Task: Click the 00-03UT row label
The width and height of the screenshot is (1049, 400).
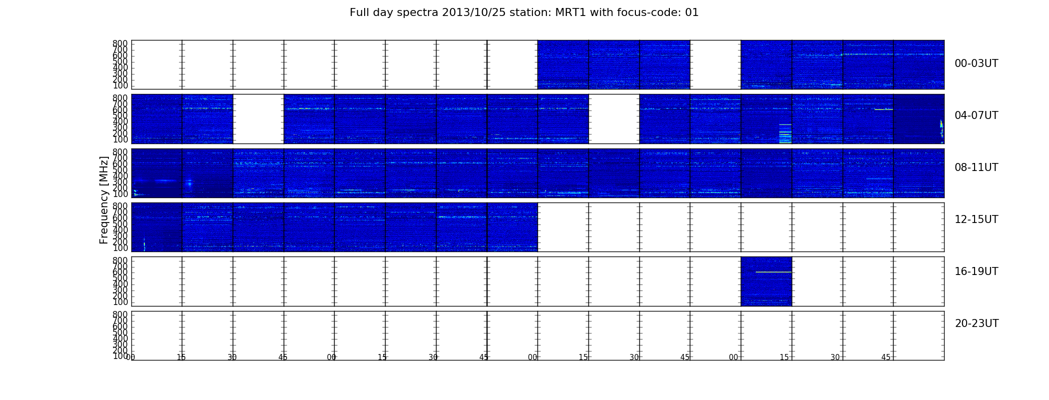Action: [976, 63]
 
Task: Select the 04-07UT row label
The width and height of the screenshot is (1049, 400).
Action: [976, 115]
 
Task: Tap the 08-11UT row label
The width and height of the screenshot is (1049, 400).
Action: [976, 167]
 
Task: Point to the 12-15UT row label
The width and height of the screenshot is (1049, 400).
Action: [976, 219]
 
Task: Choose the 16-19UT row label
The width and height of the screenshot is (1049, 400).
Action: [976, 271]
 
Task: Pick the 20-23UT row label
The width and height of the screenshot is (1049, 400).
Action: [977, 323]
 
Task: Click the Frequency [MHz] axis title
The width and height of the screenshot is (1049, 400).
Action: [104, 200]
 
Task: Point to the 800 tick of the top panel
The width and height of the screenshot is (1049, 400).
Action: [120, 43]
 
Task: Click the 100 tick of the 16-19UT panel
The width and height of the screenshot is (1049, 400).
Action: [120, 302]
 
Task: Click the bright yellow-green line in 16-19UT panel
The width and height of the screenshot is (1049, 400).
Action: [774, 272]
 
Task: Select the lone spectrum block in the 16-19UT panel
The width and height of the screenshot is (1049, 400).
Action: [766, 281]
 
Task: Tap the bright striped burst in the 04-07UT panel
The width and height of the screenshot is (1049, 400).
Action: [785, 133]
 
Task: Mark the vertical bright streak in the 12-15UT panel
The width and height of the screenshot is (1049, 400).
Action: [144, 244]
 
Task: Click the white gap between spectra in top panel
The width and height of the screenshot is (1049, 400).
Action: [715, 64]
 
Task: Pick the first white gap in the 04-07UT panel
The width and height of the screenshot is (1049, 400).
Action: [258, 119]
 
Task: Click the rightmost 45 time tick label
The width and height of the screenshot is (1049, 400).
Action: [886, 357]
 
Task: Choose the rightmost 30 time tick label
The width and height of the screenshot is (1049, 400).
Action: [835, 357]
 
